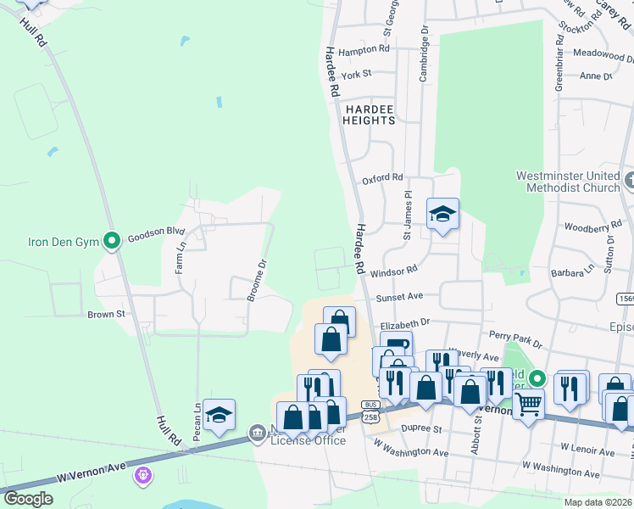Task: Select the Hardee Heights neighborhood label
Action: click(369, 115)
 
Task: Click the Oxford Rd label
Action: click(382, 178)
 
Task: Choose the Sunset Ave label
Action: click(399, 298)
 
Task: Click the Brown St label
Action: click(106, 314)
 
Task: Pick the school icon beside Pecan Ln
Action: click(220, 415)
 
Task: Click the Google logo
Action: click(28, 499)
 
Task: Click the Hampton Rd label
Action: click(363, 50)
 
